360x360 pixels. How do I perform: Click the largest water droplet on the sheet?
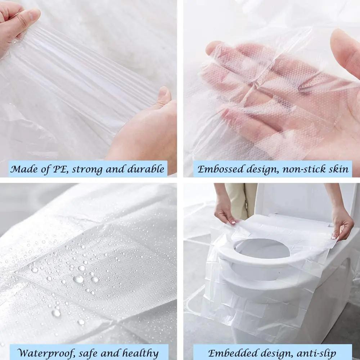pyautogui.click(x=78, y=279)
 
